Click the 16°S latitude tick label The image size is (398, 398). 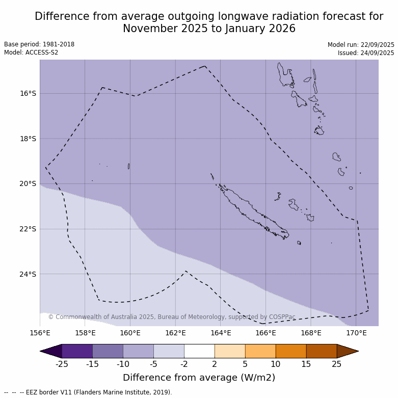(28, 93)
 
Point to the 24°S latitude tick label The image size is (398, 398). (28, 274)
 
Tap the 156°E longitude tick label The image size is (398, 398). (40, 333)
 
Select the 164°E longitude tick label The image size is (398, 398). (221, 333)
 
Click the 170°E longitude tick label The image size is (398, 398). (356, 333)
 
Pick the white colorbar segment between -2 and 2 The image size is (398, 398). (199, 351)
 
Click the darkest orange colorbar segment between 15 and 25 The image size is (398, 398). (322, 351)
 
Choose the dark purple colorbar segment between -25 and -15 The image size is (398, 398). (77, 351)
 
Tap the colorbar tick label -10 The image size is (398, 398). (123, 364)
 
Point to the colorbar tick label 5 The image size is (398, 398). (245, 364)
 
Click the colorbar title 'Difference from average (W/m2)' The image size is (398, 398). (199, 378)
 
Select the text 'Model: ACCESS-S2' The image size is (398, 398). (31, 52)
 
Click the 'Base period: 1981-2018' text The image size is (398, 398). (39, 44)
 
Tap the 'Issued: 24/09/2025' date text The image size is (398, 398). (366, 53)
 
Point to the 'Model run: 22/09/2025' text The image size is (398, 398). (361, 45)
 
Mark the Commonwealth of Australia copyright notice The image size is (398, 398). (172, 317)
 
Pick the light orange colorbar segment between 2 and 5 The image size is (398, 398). (230, 351)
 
